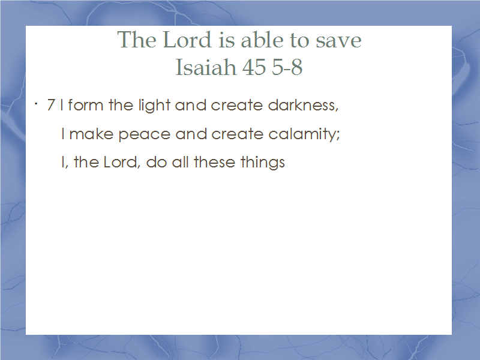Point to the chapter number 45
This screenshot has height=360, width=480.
point(254,67)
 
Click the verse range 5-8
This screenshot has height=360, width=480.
point(287,67)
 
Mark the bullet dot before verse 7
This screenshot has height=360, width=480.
point(36,104)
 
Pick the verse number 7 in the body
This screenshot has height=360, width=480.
point(51,105)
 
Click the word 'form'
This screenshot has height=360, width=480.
point(85,104)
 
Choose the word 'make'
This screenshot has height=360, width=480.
point(91,134)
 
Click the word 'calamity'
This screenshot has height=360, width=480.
point(303,134)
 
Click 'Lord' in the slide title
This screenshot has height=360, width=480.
point(187,40)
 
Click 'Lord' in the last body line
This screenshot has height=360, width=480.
point(121,162)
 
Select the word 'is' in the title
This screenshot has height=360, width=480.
point(226,40)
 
